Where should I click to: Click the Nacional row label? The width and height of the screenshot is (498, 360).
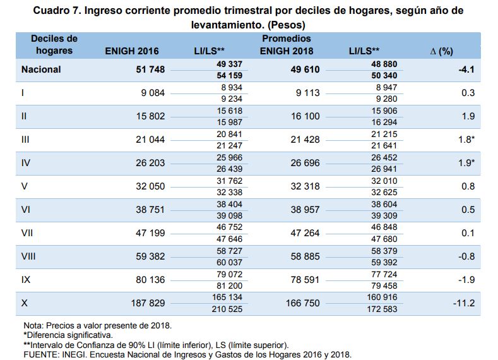pos(41,70)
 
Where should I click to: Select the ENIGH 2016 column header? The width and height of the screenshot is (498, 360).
pos(131,51)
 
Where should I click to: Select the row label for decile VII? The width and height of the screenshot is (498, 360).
pos(27,233)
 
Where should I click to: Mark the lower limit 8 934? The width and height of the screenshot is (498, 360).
pos(231,87)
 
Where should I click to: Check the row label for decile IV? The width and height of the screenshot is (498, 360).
pos(26,163)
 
